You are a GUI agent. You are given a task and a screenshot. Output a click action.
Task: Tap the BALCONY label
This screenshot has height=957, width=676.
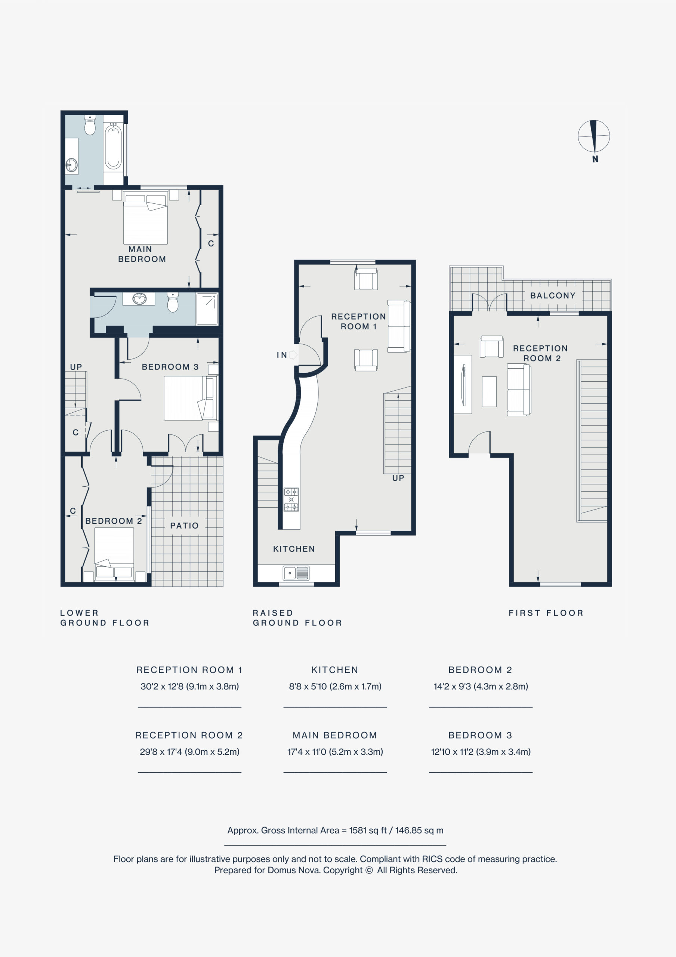pyautogui.click(x=553, y=296)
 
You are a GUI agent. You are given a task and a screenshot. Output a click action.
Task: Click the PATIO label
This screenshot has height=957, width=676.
pyautogui.click(x=184, y=526)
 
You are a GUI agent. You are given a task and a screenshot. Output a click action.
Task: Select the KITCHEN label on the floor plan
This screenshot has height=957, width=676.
pyautogui.click(x=294, y=549)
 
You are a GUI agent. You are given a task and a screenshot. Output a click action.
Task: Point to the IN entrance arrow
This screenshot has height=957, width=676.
pyautogui.click(x=293, y=355)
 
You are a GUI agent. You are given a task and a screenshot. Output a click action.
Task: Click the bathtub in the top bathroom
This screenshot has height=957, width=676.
pyautogui.click(x=113, y=148)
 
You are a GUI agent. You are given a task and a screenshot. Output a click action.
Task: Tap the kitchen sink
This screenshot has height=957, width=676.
pyautogui.click(x=296, y=573)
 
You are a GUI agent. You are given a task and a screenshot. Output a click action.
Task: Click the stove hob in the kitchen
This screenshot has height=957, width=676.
pyautogui.click(x=291, y=499)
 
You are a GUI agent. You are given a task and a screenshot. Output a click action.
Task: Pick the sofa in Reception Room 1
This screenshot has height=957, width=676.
pyautogui.click(x=399, y=326)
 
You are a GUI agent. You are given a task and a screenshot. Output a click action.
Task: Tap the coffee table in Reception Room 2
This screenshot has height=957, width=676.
pyautogui.click(x=489, y=391)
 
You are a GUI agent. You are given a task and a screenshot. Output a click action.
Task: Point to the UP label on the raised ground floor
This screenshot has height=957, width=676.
pyautogui.click(x=398, y=478)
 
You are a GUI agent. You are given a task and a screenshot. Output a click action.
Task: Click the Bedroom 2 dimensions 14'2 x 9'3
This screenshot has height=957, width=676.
pyautogui.click(x=481, y=686)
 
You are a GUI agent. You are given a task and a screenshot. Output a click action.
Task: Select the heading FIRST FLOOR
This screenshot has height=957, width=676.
pyautogui.click(x=546, y=613)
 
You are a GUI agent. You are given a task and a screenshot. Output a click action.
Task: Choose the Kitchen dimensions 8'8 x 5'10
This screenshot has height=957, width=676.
pyautogui.click(x=335, y=686)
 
